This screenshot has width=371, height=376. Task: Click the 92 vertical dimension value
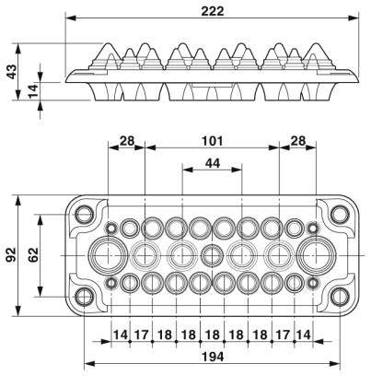(x=12, y=254)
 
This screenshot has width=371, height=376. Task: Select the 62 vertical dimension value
(x=31, y=254)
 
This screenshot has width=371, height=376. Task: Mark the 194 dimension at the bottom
(x=212, y=358)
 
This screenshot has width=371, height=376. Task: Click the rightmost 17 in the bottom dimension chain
(x=282, y=334)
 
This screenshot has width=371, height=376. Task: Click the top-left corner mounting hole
(x=85, y=214)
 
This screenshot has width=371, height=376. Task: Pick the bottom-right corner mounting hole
(x=340, y=296)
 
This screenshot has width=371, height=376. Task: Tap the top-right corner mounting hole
(x=340, y=214)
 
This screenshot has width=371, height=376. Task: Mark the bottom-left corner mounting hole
(x=85, y=296)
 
